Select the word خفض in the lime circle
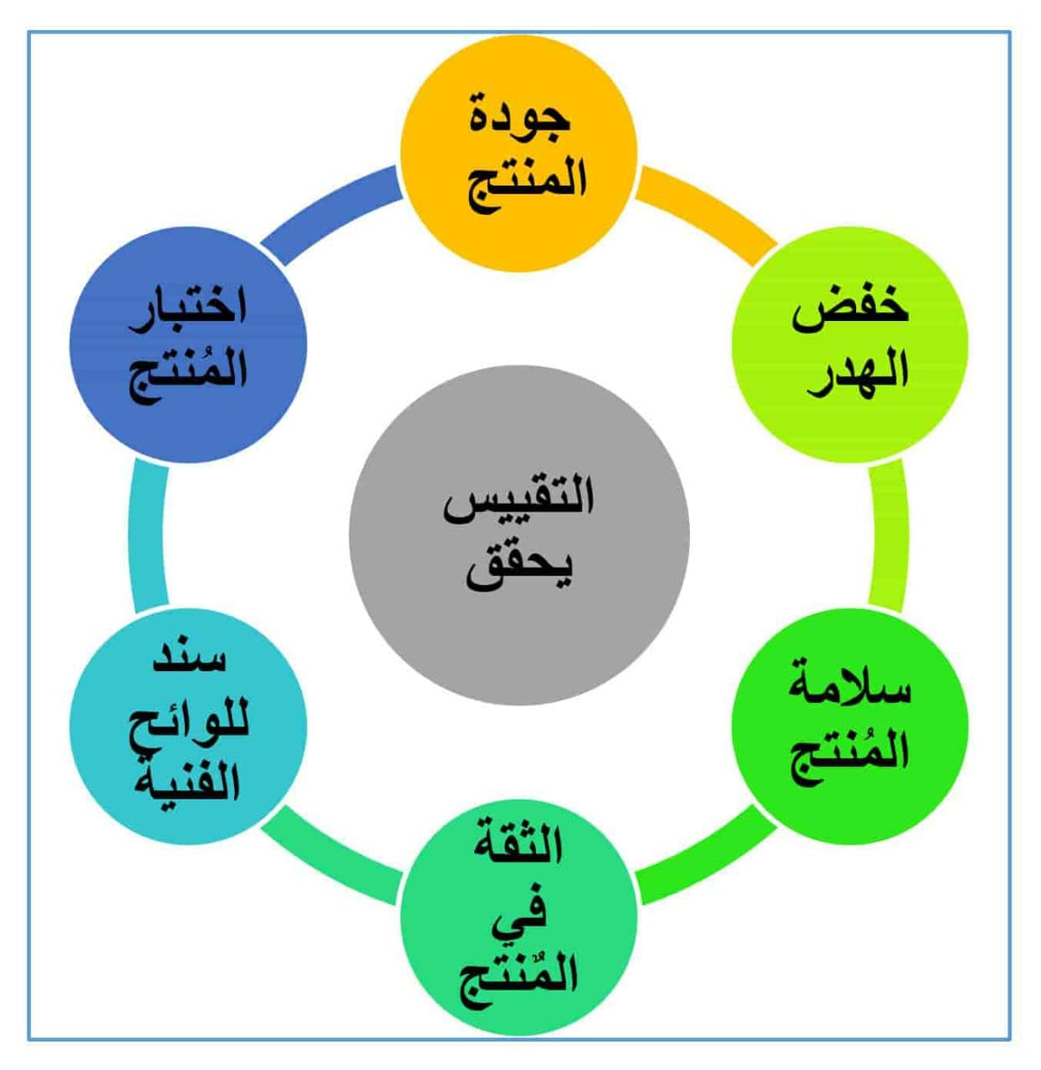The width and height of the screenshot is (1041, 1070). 850,313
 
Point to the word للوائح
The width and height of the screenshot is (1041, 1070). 189,725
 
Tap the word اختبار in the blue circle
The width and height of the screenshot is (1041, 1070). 187,313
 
